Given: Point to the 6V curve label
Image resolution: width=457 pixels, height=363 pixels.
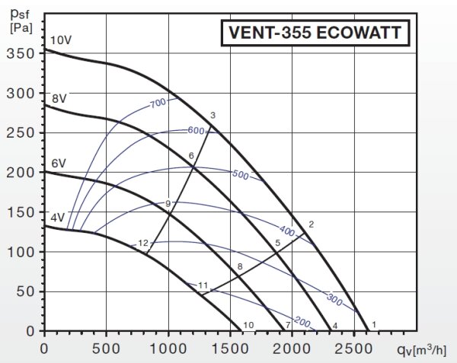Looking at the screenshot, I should pyautogui.click(x=59, y=163).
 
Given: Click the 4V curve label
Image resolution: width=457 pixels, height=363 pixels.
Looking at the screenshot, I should pyautogui.click(x=57, y=218).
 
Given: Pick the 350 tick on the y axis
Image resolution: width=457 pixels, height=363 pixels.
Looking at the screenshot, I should pyautogui.click(x=24, y=53).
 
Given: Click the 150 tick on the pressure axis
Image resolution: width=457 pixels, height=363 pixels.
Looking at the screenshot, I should pyautogui.click(x=24, y=212).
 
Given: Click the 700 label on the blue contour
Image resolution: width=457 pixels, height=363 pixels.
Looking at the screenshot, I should pyautogui.click(x=158, y=103).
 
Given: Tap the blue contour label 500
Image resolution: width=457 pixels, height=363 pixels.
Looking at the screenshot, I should pyautogui.click(x=240, y=175).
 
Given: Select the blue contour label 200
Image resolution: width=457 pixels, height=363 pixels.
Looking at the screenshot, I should pyautogui.click(x=302, y=322).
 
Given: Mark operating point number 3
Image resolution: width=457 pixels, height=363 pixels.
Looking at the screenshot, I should pyautogui.click(x=213, y=115).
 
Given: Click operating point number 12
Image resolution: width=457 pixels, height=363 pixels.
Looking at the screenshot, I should pyautogui.click(x=143, y=243).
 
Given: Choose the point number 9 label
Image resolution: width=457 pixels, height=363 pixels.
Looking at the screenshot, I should pyautogui.click(x=168, y=203).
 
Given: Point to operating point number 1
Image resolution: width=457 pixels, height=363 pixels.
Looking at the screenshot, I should pyautogui.click(x=373, y=325).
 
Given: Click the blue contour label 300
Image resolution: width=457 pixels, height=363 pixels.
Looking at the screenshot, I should pyautogui.click(x=334, y=298).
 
